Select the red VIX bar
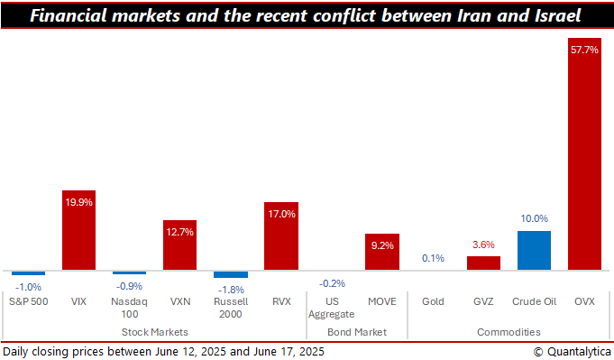(x=78, y=230)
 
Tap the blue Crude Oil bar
(x=534, y=251)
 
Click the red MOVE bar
(x=381, y=252)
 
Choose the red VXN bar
(x=179, y=245)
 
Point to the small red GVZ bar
(x=483, y=263)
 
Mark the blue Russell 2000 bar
(x=230, y=274)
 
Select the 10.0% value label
(x=534, y=218)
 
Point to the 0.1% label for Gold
(x=433, y=259)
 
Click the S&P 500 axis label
(x=28, y=301)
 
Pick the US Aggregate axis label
(x=332, y=308)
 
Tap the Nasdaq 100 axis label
(x=129, y=308)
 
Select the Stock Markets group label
(x=154, y=332)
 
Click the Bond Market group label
(x=357, y=332)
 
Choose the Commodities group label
(x=509, y=332)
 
